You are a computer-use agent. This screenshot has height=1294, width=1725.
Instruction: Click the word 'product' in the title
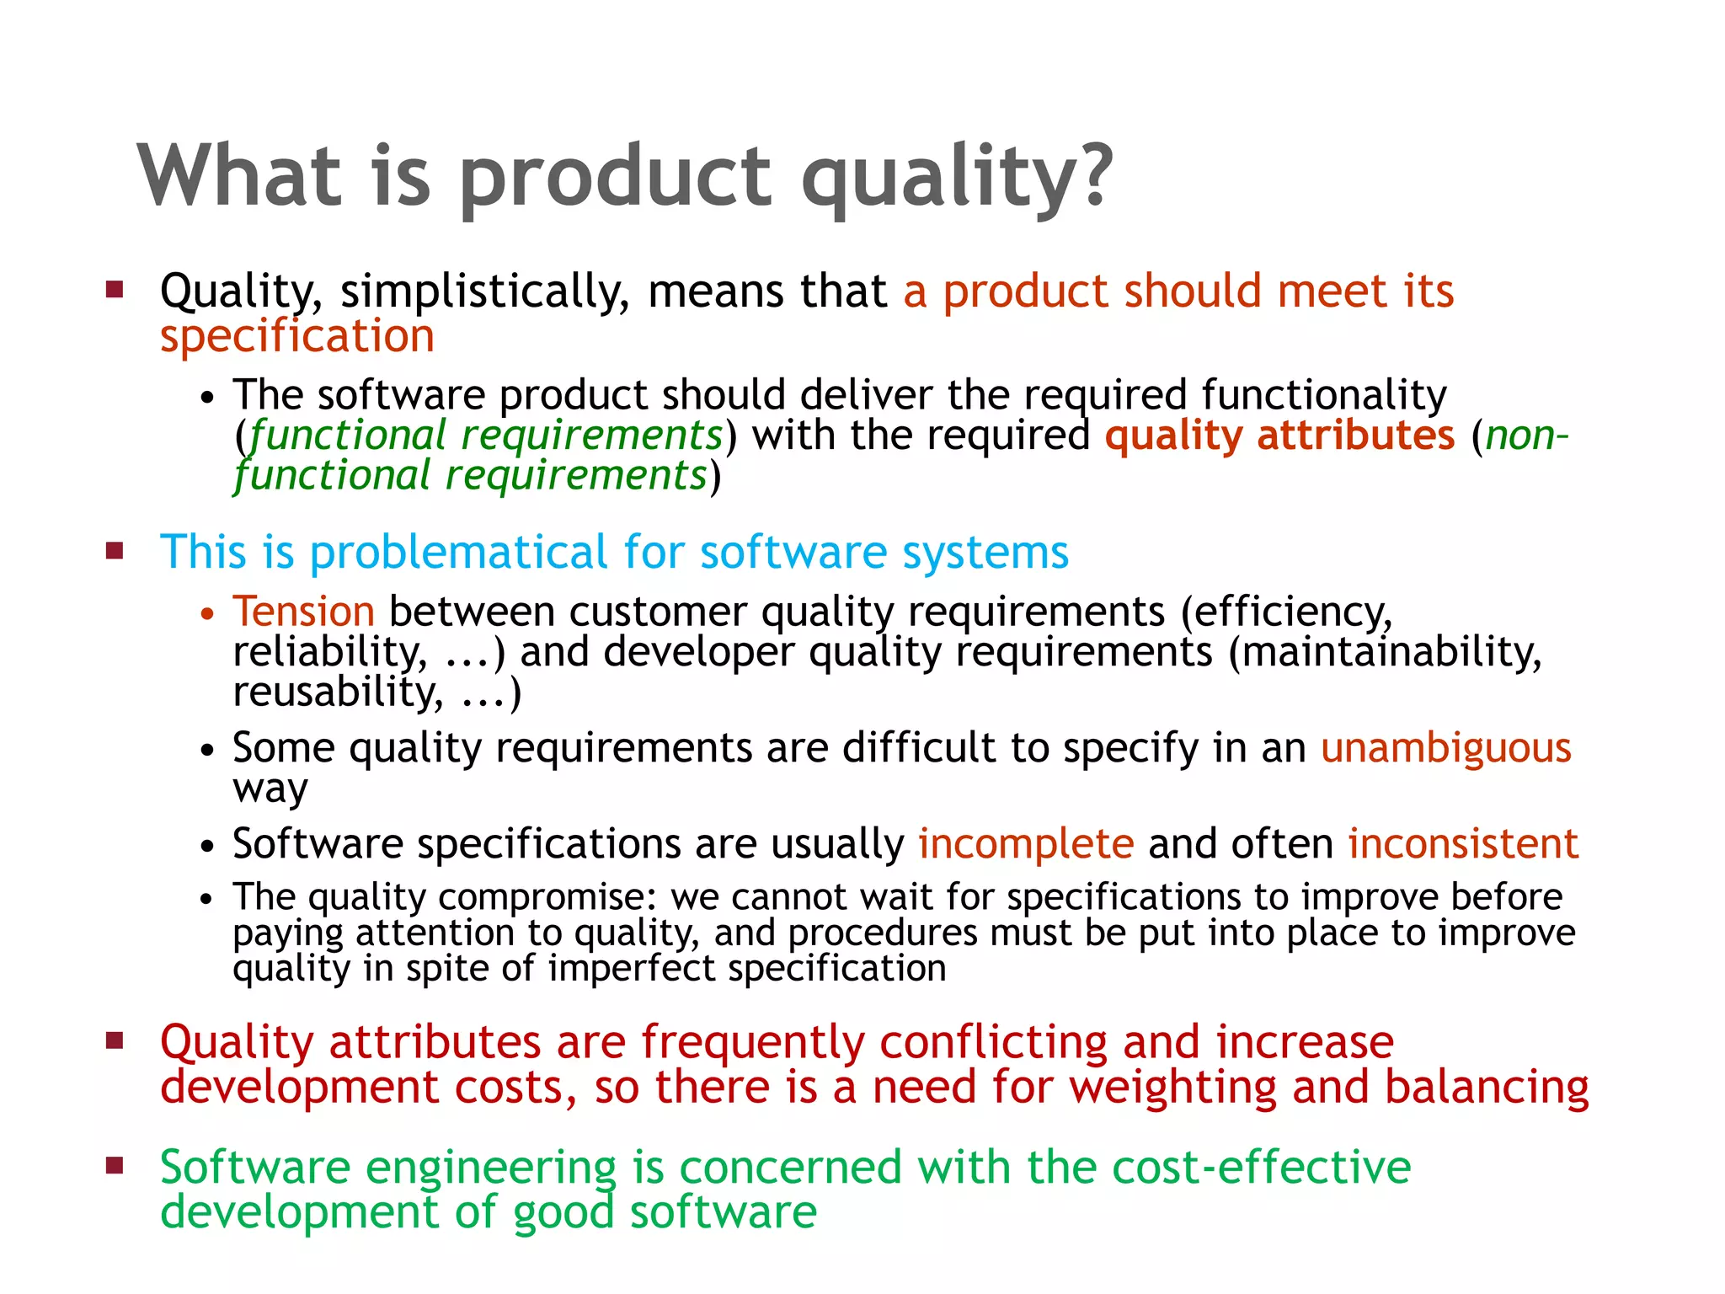point(614,177)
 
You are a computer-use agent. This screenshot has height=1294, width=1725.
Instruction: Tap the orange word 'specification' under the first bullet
point(297,336)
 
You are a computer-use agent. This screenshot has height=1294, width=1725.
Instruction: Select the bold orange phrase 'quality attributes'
point(1279,436)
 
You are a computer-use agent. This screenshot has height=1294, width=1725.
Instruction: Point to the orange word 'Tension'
point(304,611)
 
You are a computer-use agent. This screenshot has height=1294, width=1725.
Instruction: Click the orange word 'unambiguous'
point(1445,748)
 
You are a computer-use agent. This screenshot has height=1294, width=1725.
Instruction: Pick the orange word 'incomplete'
point(1026,844)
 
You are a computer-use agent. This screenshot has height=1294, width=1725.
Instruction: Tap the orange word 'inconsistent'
point(1463,844)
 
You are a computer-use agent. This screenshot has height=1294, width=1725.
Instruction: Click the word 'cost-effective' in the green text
point(1261,1168)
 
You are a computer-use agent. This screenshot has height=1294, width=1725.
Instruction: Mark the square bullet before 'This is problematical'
point(115,551)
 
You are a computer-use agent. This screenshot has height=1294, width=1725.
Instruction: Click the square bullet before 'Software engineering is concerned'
point(115,1166)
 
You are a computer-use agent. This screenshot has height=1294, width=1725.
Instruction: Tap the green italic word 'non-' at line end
point(1526,436)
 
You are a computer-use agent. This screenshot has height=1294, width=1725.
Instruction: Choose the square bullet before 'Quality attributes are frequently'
point(115,1040)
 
